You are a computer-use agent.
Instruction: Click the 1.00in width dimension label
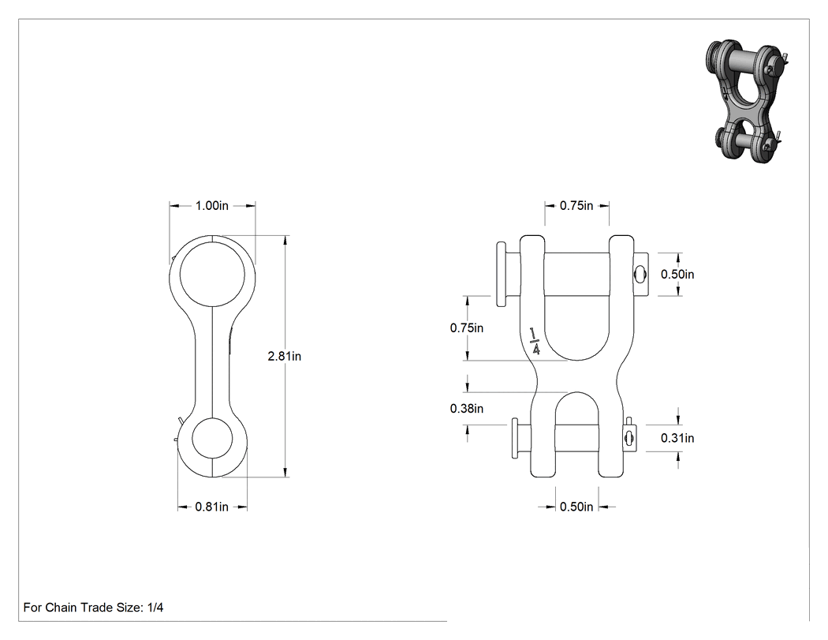212,206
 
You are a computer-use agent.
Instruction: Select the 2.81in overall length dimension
284,356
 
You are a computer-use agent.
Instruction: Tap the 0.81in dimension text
212,507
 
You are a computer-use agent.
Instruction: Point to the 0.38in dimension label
467,409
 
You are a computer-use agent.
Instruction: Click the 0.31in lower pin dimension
677,438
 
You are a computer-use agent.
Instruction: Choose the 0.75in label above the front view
576,206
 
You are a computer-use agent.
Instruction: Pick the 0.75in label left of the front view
467,328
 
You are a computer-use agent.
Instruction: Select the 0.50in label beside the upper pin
677,275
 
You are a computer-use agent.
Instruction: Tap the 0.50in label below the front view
576,507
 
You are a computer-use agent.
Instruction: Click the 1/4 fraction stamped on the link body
535,342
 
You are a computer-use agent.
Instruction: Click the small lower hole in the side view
212,418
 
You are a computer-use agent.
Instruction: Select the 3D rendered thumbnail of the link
747,99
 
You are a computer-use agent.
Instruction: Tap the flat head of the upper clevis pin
501,275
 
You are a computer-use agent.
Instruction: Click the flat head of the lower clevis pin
514,438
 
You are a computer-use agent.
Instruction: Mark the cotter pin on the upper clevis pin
640,274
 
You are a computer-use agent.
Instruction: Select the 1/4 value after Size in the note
155,608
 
